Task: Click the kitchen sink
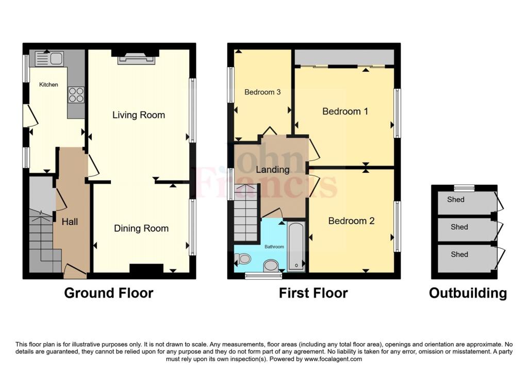click(x=49, y=59)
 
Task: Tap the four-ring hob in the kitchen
click(x=76, y=95)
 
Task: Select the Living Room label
click(x=139, y=115)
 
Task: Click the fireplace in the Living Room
click(x=136, y=59)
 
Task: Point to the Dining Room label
click(x=141, y=229)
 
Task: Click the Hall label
click(x=70, y=222)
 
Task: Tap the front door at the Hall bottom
click(x=75, y=269)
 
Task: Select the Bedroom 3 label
click(x=262, y=92)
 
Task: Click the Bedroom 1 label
click(x=345, y=111)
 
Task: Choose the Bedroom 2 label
click(x=352, y=221)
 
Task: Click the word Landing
click(x=273, y=170)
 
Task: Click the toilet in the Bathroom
click(x=243, y=259)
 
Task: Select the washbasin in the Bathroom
click(x=270, y=266)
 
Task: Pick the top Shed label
click(x=456, y=200)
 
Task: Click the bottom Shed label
click(x=459, y=254)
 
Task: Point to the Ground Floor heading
click(x=109, y=293)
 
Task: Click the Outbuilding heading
click(x=468, y=293)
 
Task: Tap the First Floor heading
click(x=313, y=293)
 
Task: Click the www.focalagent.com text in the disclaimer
click(x=333, y=359)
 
